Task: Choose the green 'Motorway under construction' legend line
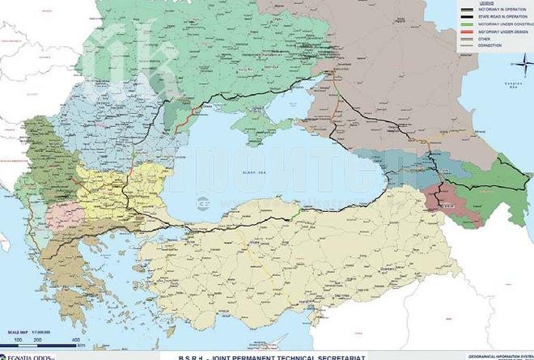pyautogui.click(x=469, y=23)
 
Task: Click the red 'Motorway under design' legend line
pyautogui.click(x=469, y=31)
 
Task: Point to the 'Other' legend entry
pyautogui.click(x=485, y=38)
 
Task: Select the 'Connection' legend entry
pyautogui.click(x=489, y=45)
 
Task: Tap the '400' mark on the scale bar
pyautogui.click(x=75, y=340)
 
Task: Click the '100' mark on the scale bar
pyautogui.click(x=17, y=340)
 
